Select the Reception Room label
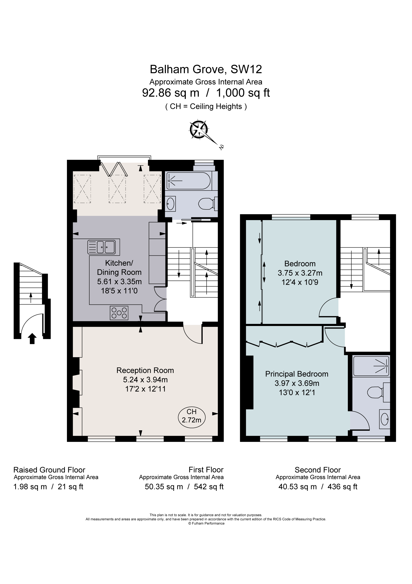coord(145,370)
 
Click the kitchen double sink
coord(101,247)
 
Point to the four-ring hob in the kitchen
coord(119,313)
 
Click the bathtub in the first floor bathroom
coord(188,181)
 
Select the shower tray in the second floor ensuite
coord(371,366)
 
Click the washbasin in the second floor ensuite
coord(385,419)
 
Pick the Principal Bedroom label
coord(297,374)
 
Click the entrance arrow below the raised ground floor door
coord(32,338)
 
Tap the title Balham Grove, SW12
coord(206,69)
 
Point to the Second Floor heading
coord(318,470)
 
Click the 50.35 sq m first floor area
coord(164,487)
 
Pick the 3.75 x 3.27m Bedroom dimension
coord(300,273)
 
